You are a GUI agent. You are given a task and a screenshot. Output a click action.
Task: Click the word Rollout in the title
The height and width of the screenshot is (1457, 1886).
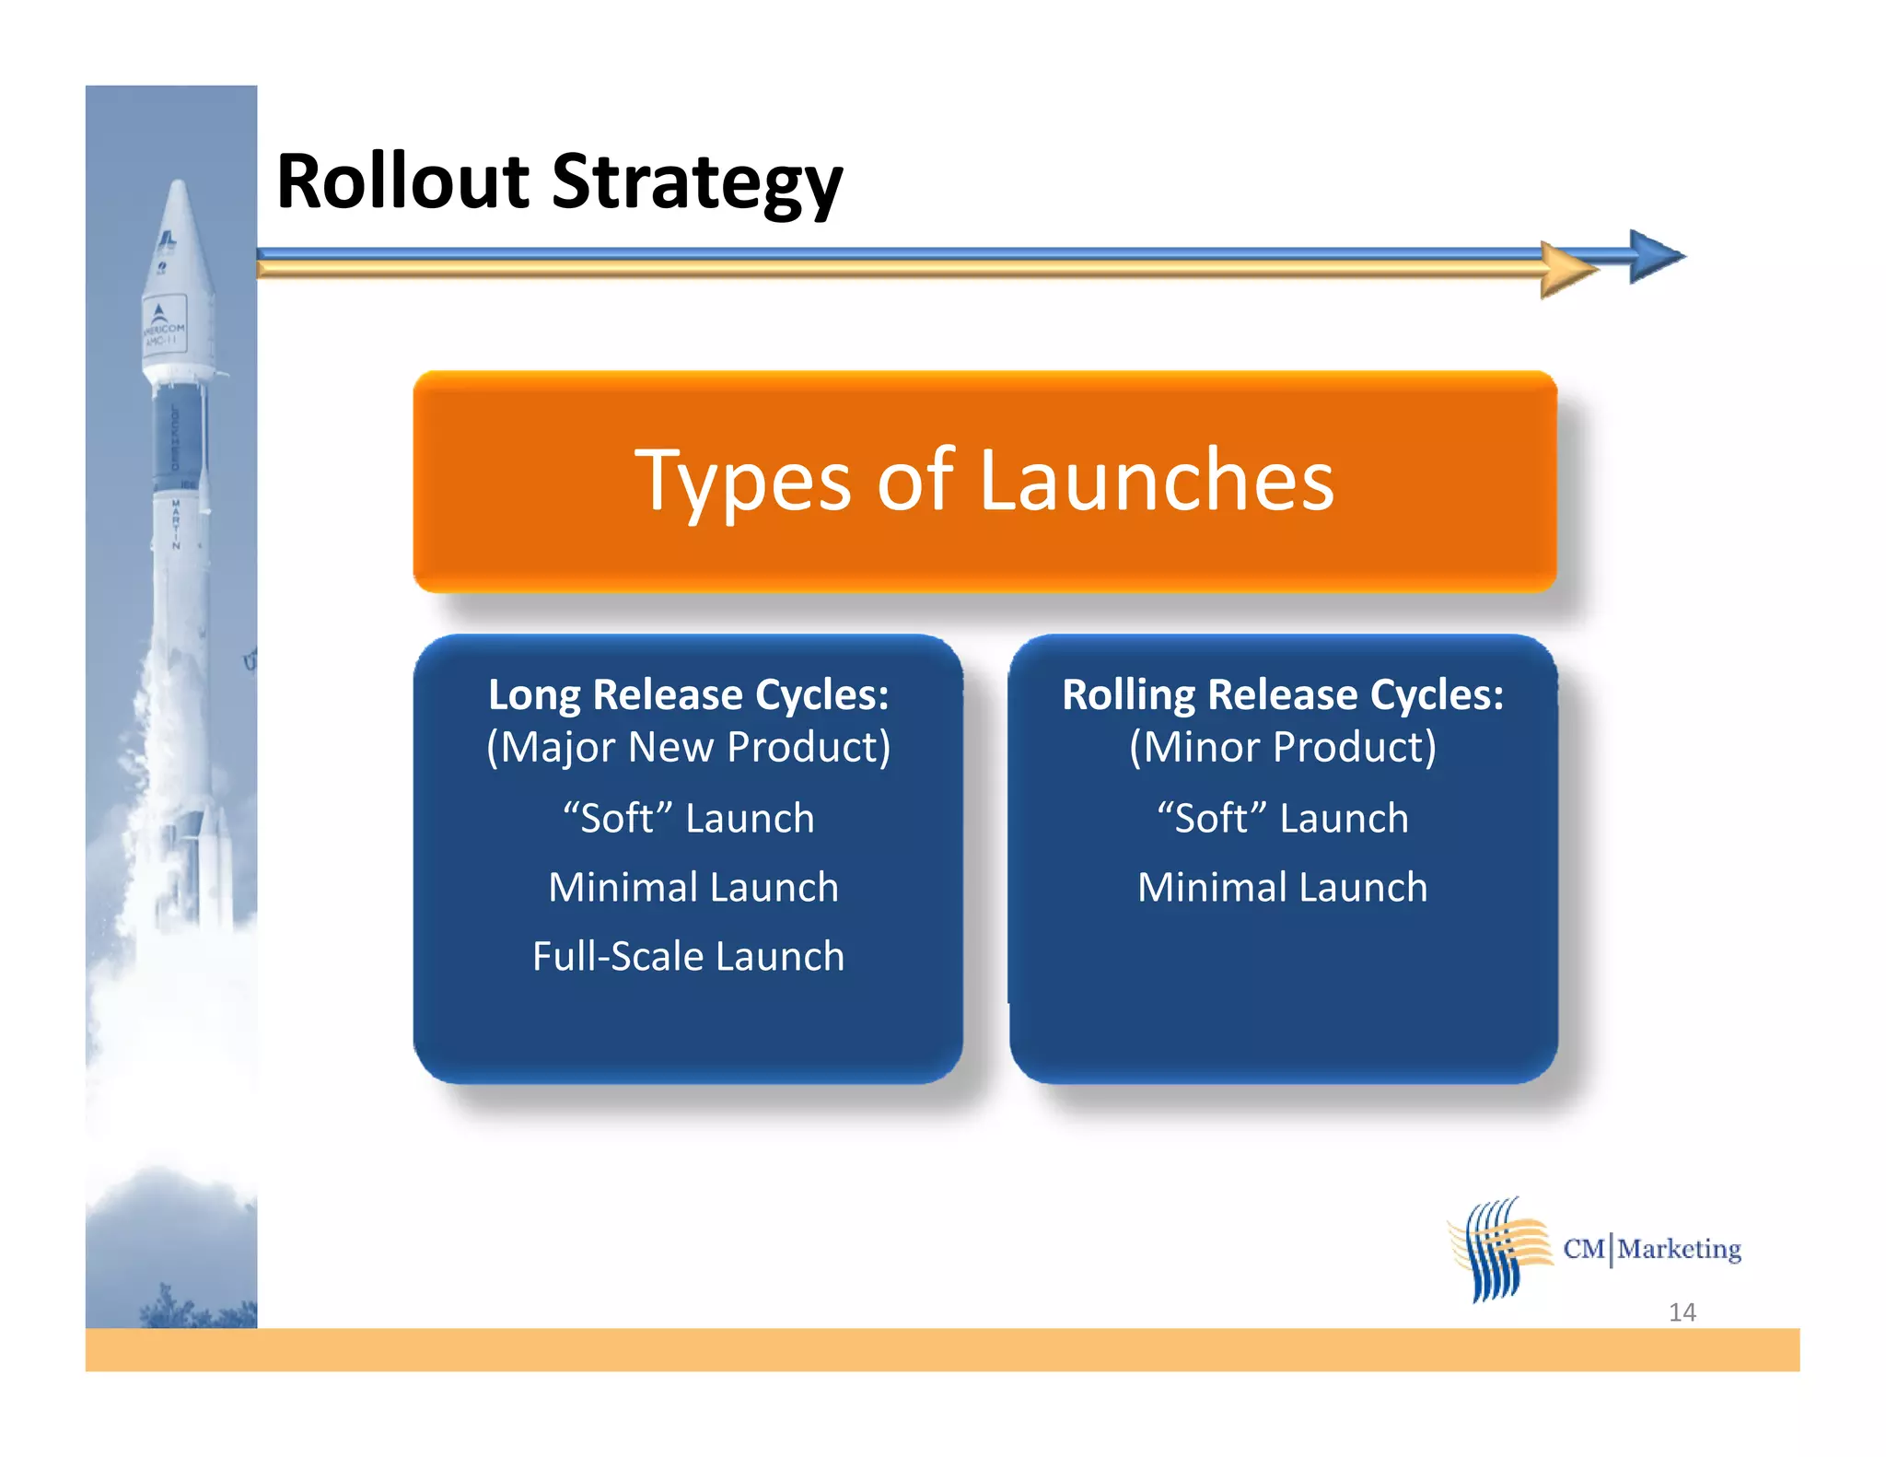coord(402,181)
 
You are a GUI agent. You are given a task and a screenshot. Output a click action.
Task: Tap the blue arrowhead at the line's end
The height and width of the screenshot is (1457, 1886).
coord(1655,256)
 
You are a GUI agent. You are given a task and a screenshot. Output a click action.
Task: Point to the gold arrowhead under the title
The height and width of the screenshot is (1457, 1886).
coord(1567,271)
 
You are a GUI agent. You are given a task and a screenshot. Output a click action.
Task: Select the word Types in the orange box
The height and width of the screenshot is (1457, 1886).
coord(742,483)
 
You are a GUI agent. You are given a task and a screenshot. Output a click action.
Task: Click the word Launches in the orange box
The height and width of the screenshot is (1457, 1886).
coord(1156,481)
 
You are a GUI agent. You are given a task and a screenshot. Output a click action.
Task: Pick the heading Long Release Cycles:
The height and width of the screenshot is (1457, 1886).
coord(688,694)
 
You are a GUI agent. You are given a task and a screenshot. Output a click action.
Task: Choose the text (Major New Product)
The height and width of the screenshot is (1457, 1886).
coord(688,747)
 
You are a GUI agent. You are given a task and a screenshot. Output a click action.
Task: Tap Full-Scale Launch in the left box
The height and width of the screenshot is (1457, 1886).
coord(688,956)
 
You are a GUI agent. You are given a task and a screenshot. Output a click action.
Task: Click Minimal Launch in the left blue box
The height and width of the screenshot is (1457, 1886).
coord(693,888)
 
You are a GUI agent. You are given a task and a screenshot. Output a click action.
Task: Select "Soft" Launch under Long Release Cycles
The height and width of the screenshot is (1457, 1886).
coord(688,819)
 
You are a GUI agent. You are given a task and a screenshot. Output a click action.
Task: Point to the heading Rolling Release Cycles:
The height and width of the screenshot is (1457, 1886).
coord(1282,694)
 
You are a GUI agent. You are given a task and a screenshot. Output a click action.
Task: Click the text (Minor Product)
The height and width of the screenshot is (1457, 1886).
coord(1282,747)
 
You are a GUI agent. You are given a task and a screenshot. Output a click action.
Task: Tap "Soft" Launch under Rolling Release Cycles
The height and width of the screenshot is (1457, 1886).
coord(1282,819)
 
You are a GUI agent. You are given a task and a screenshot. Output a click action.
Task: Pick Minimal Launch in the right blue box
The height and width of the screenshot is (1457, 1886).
coord(1282,888)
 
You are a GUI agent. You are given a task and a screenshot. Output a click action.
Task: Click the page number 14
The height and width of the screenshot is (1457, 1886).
coord(1682,1312)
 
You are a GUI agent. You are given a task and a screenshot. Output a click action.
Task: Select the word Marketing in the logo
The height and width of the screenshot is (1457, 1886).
coord(1679,1250)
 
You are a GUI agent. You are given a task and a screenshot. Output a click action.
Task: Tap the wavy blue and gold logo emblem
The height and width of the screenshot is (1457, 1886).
coord(1498,1249)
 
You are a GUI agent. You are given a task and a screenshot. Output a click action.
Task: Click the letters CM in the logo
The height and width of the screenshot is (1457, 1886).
coord(1584,1250)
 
